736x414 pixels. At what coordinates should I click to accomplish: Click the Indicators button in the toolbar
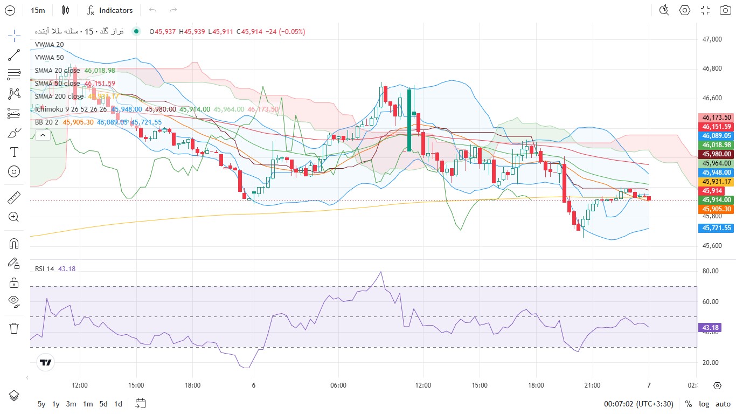coord(110,10)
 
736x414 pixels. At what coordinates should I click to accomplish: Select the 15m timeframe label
coord(38,10)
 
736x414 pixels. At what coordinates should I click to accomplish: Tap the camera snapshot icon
coord(725,10)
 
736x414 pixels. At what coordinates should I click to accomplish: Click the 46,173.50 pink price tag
coord(716,117)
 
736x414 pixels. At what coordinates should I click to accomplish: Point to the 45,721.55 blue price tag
coord(716,228)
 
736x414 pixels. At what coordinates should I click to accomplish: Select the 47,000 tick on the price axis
coord(712,39)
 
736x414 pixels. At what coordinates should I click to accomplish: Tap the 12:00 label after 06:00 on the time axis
coord(423,385)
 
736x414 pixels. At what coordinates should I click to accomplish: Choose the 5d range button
coord(103,404)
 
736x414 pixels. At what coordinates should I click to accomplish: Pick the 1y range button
coord(56,404)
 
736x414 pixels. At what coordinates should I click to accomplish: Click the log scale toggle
coord(704,404)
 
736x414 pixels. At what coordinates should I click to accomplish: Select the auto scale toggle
coord(723,404)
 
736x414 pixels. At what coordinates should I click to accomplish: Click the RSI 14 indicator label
coord(45,268)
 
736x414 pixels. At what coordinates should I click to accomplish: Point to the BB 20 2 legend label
coord(46,122)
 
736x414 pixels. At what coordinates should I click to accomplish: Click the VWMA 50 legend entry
coord(49,57)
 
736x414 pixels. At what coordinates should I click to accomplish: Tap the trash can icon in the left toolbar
coord(14,328)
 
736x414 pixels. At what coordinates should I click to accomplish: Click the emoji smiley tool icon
coord(14,171)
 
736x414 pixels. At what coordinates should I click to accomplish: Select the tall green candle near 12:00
coord(409,120)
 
